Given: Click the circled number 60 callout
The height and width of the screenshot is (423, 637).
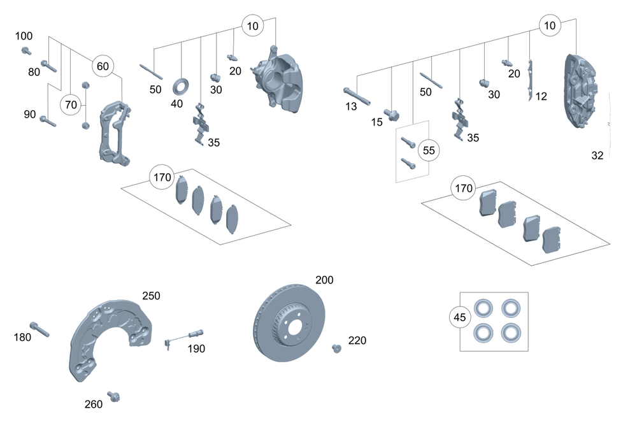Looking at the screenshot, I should [x=103, y=66].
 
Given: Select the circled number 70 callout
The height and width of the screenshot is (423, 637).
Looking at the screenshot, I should [x=71, y=104].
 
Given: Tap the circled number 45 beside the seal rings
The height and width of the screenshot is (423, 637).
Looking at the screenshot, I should [x=459, y=317].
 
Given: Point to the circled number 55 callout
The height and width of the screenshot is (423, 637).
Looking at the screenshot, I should [x=429, y=151].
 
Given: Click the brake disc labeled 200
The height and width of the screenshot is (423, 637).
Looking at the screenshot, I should [x=285, y=325].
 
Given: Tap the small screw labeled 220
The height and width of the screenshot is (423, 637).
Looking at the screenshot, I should [x=337, y=347].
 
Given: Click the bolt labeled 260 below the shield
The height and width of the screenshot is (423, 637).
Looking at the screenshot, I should [x=114, y=397].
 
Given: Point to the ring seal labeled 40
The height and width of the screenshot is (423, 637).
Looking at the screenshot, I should [x=181, y=85].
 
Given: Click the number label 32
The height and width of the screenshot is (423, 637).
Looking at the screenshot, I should [x=597, y=155].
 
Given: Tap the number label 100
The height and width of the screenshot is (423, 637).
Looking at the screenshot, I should [x=24, y=36].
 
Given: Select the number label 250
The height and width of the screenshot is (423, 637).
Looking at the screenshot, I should [x=151, y=296].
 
